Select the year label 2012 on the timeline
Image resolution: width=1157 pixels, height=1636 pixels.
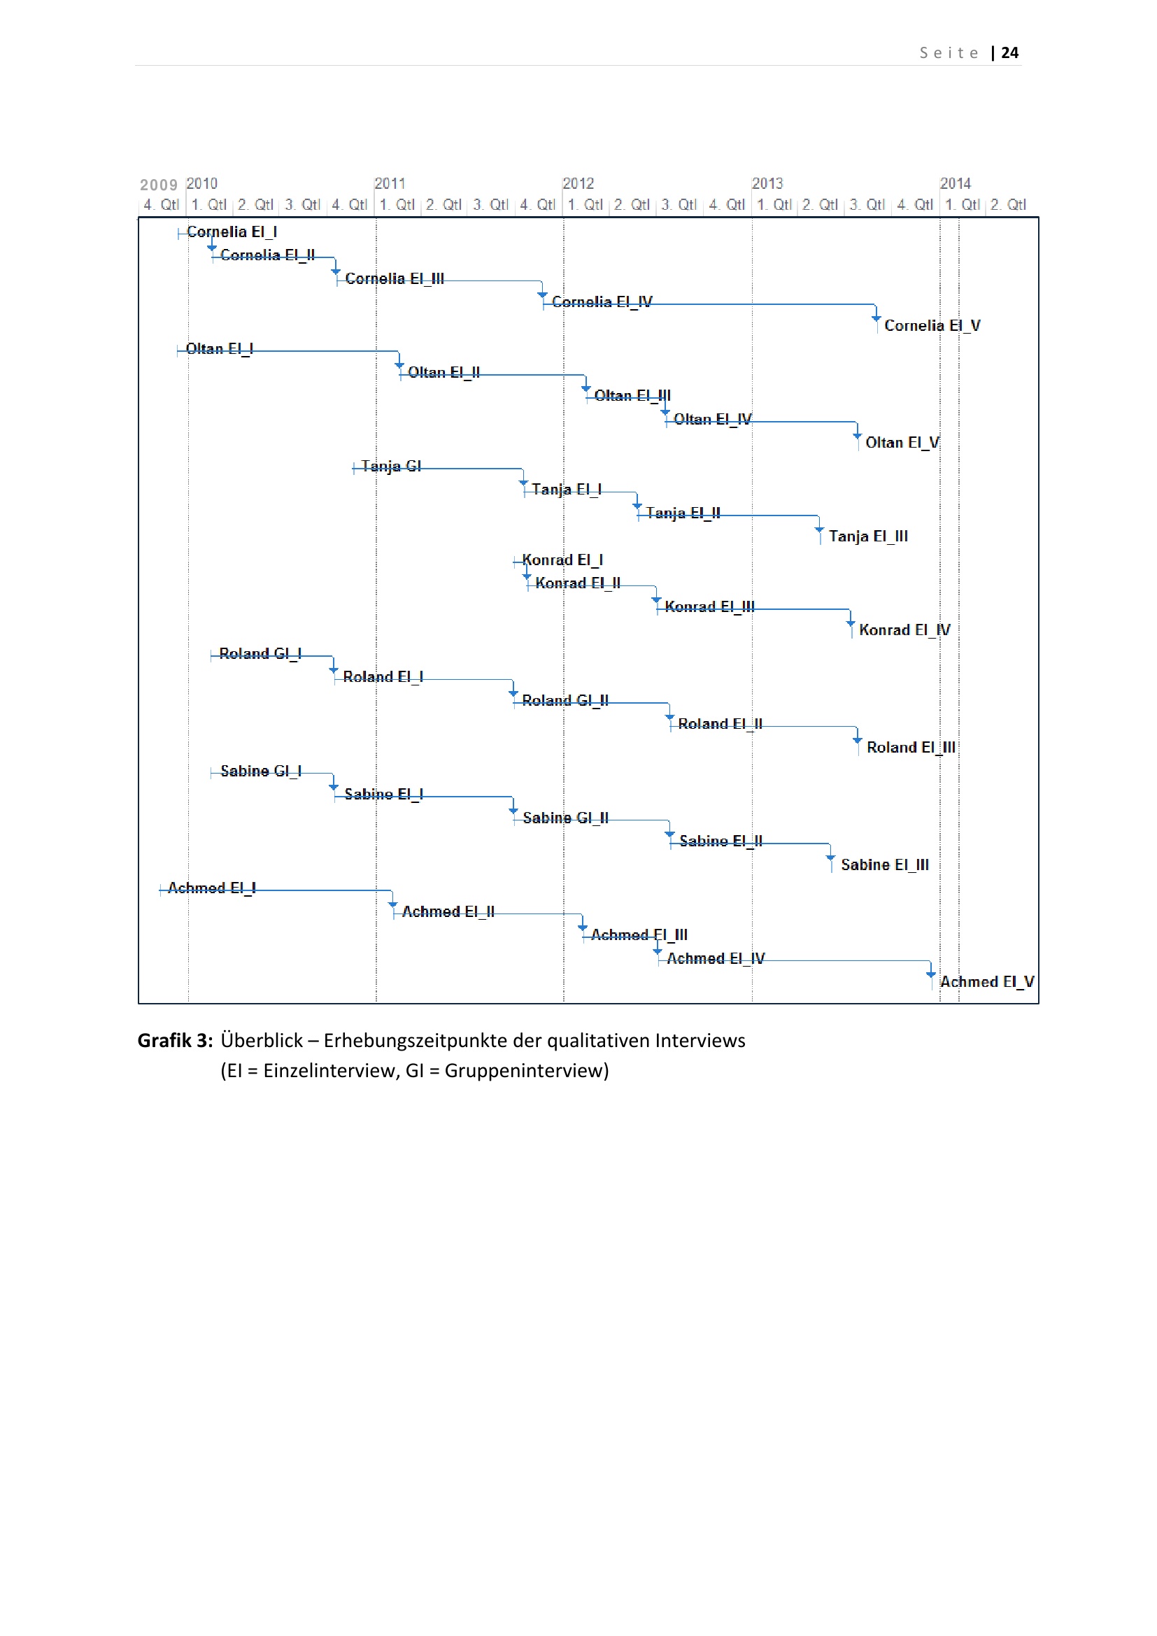[578, 184]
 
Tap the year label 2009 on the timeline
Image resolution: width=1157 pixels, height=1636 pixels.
[158, 185]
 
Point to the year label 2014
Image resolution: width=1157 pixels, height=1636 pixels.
[955, 184]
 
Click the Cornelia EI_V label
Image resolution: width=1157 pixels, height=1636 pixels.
[932, 326]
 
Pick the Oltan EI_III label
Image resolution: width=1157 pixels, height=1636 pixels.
[632, 395]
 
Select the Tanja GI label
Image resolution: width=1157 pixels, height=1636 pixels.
[391, 466]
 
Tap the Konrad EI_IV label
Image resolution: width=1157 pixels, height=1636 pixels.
[904, 630]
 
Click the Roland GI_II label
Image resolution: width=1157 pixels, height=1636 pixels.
[565, 700]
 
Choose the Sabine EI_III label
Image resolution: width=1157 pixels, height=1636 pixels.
[884, 865]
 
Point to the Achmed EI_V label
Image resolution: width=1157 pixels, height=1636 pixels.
[987, 982]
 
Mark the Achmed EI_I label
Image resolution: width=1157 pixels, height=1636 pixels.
[211, 888]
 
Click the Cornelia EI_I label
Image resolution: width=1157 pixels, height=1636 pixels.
[232, 232]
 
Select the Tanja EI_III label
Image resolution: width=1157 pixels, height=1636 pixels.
[867, 536]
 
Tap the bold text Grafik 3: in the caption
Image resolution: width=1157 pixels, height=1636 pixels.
[175, 1040]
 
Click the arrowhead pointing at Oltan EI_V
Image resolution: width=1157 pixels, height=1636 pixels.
[857, 435]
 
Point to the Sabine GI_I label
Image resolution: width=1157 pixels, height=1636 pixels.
[261, 771]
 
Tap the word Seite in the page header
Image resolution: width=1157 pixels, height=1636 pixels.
[949, 52]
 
